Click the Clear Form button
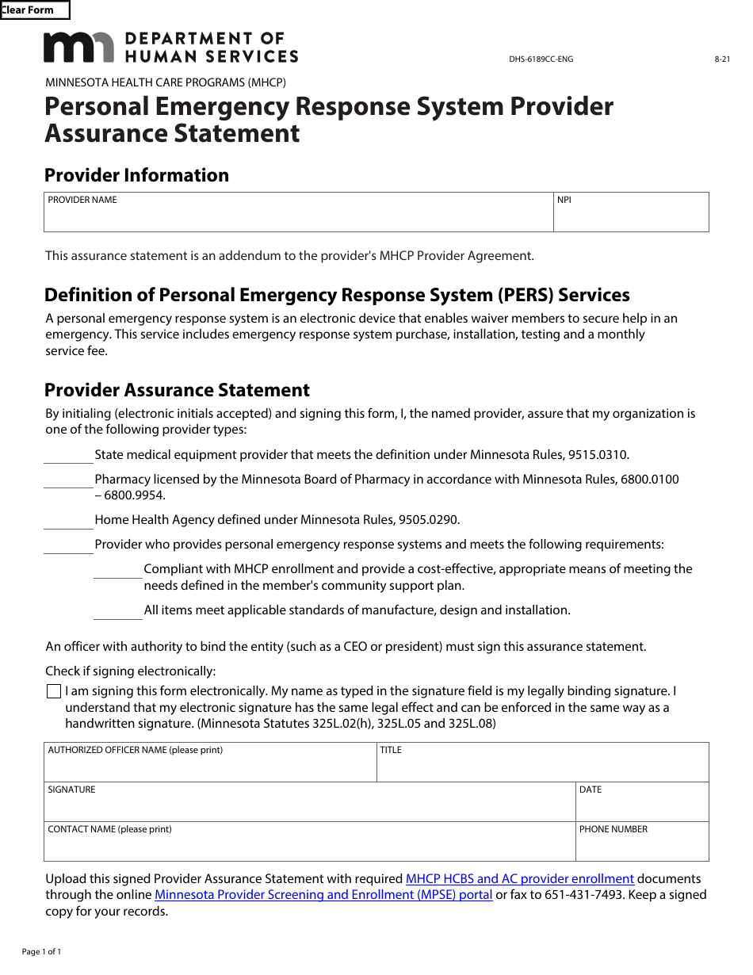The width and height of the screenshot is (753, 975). [34, 10]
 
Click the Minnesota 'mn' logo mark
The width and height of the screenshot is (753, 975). [79, 48]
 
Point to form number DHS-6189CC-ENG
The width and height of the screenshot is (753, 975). [541, 59]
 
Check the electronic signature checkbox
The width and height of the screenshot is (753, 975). [54, 691]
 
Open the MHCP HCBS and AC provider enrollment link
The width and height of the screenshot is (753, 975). [519, 879]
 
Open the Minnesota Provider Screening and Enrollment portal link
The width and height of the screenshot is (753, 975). [323, 895]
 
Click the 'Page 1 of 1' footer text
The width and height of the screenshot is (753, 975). [41, 951]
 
